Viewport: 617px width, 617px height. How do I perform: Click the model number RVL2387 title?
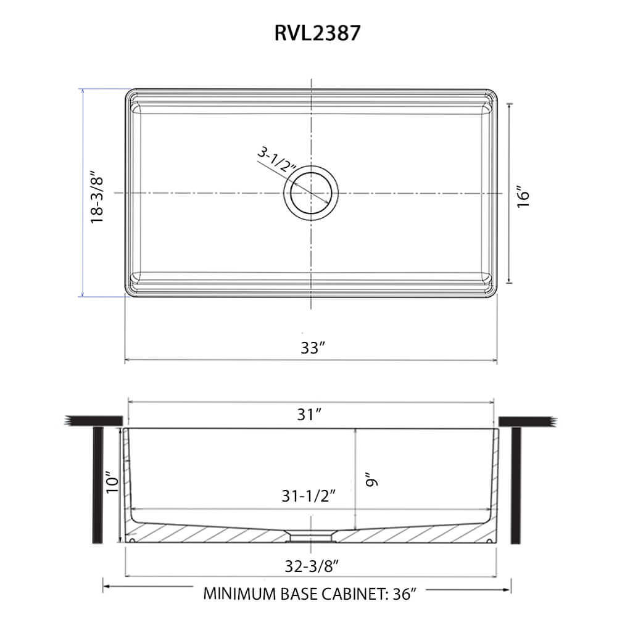317,33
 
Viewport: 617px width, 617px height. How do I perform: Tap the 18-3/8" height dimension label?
97,197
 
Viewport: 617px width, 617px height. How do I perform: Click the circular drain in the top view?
311,193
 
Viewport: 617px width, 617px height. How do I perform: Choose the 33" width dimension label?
313,347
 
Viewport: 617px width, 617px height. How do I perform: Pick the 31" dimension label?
309,414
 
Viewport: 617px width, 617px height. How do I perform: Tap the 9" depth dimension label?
371,479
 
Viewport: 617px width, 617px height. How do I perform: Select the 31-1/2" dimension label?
308,496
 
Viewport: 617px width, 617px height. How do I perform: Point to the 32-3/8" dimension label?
312,566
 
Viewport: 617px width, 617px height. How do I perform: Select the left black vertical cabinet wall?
97,485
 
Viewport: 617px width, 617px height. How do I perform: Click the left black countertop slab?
94,421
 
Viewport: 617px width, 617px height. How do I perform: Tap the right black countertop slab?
528,422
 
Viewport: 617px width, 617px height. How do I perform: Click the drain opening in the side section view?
311,537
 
